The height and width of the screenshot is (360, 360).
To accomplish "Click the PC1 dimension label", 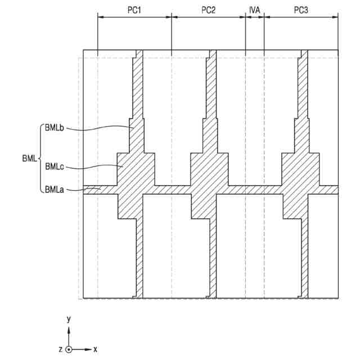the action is (x=134, y=10).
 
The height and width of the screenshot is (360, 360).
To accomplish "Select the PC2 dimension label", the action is (x=208, y=10).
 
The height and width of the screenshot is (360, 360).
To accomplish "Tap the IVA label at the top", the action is (x=255, y=10).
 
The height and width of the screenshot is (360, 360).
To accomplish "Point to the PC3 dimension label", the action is (x=301, y=10).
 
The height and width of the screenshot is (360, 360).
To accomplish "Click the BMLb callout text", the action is (x=55, y=128).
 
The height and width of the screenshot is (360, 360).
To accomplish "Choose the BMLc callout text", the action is (x=55, y=166).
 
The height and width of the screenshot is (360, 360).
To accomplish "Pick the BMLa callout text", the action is (x=55, y=190).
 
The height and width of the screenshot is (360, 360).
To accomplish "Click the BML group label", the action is (x=27, y=159).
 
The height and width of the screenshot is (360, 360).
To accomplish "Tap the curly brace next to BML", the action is (x=39, y=159).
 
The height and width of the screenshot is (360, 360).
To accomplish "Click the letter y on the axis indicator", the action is (x=69, y=319).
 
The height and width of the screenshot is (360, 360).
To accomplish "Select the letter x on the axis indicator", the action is (x=95, y=349).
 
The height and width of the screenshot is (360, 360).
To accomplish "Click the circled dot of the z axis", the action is (x=69, y=349).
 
